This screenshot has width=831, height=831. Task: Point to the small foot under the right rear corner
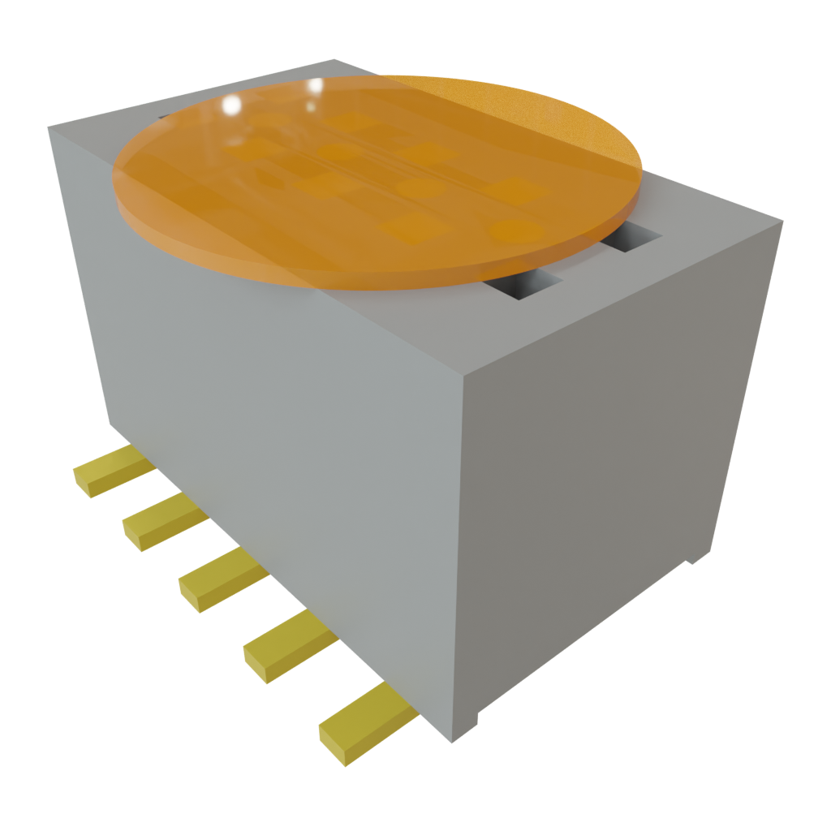point(700,558)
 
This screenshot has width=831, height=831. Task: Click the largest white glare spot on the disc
point(231,105)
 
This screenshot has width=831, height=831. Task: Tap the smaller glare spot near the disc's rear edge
point(316,85)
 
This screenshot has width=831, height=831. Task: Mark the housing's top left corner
point(49,127)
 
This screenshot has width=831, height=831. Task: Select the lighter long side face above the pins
point(268,422)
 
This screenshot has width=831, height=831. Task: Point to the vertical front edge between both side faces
point(461,552)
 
